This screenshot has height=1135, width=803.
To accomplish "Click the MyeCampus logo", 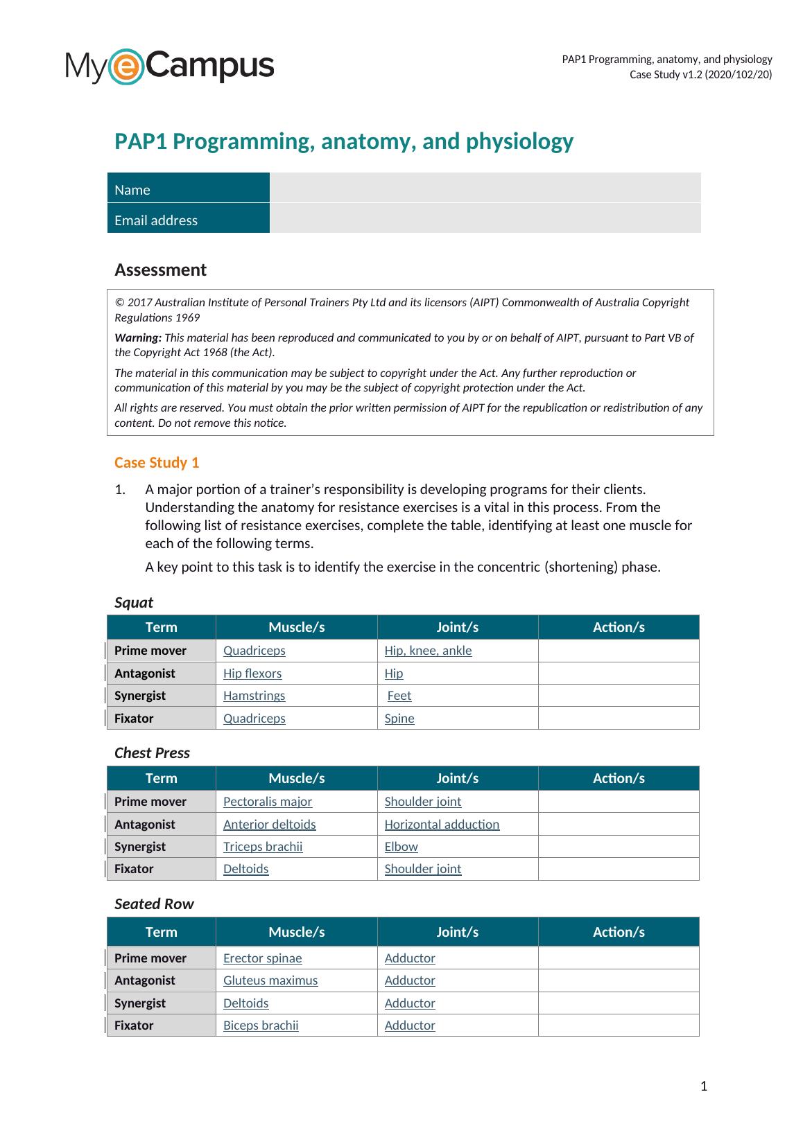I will coord(170,67).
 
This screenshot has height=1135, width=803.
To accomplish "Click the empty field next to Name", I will coord(485,188).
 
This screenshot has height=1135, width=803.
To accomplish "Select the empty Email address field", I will coord(485,219).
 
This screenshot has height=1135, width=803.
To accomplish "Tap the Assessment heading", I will coord(160,270).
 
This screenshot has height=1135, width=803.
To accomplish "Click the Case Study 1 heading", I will coord(157,462).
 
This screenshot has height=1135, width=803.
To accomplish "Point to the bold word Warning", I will coord(138,337).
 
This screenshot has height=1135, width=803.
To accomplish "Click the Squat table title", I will coord(134,602).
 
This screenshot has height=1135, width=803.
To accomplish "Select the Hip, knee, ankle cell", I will coord(428,651).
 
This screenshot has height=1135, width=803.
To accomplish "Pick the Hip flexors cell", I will coord(252,674).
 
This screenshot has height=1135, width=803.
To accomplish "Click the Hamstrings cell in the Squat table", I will coord(254,696).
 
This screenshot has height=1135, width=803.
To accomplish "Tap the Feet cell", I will coord(399,696).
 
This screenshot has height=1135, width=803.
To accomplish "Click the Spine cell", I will coord(399,719).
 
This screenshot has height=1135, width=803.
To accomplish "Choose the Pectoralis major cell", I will coord(268,802).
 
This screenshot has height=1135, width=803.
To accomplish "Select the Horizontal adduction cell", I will coord(442,825).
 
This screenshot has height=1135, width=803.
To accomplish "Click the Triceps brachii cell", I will coord(263,847).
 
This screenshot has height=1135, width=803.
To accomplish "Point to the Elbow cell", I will coord(401,847).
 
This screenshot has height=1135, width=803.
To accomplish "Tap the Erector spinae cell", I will coord(262,958).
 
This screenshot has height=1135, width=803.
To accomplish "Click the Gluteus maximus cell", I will coord(270,980).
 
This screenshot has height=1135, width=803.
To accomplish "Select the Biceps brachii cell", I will coord(261,1026).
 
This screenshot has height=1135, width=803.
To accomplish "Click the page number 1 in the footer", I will coord(704,1086).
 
